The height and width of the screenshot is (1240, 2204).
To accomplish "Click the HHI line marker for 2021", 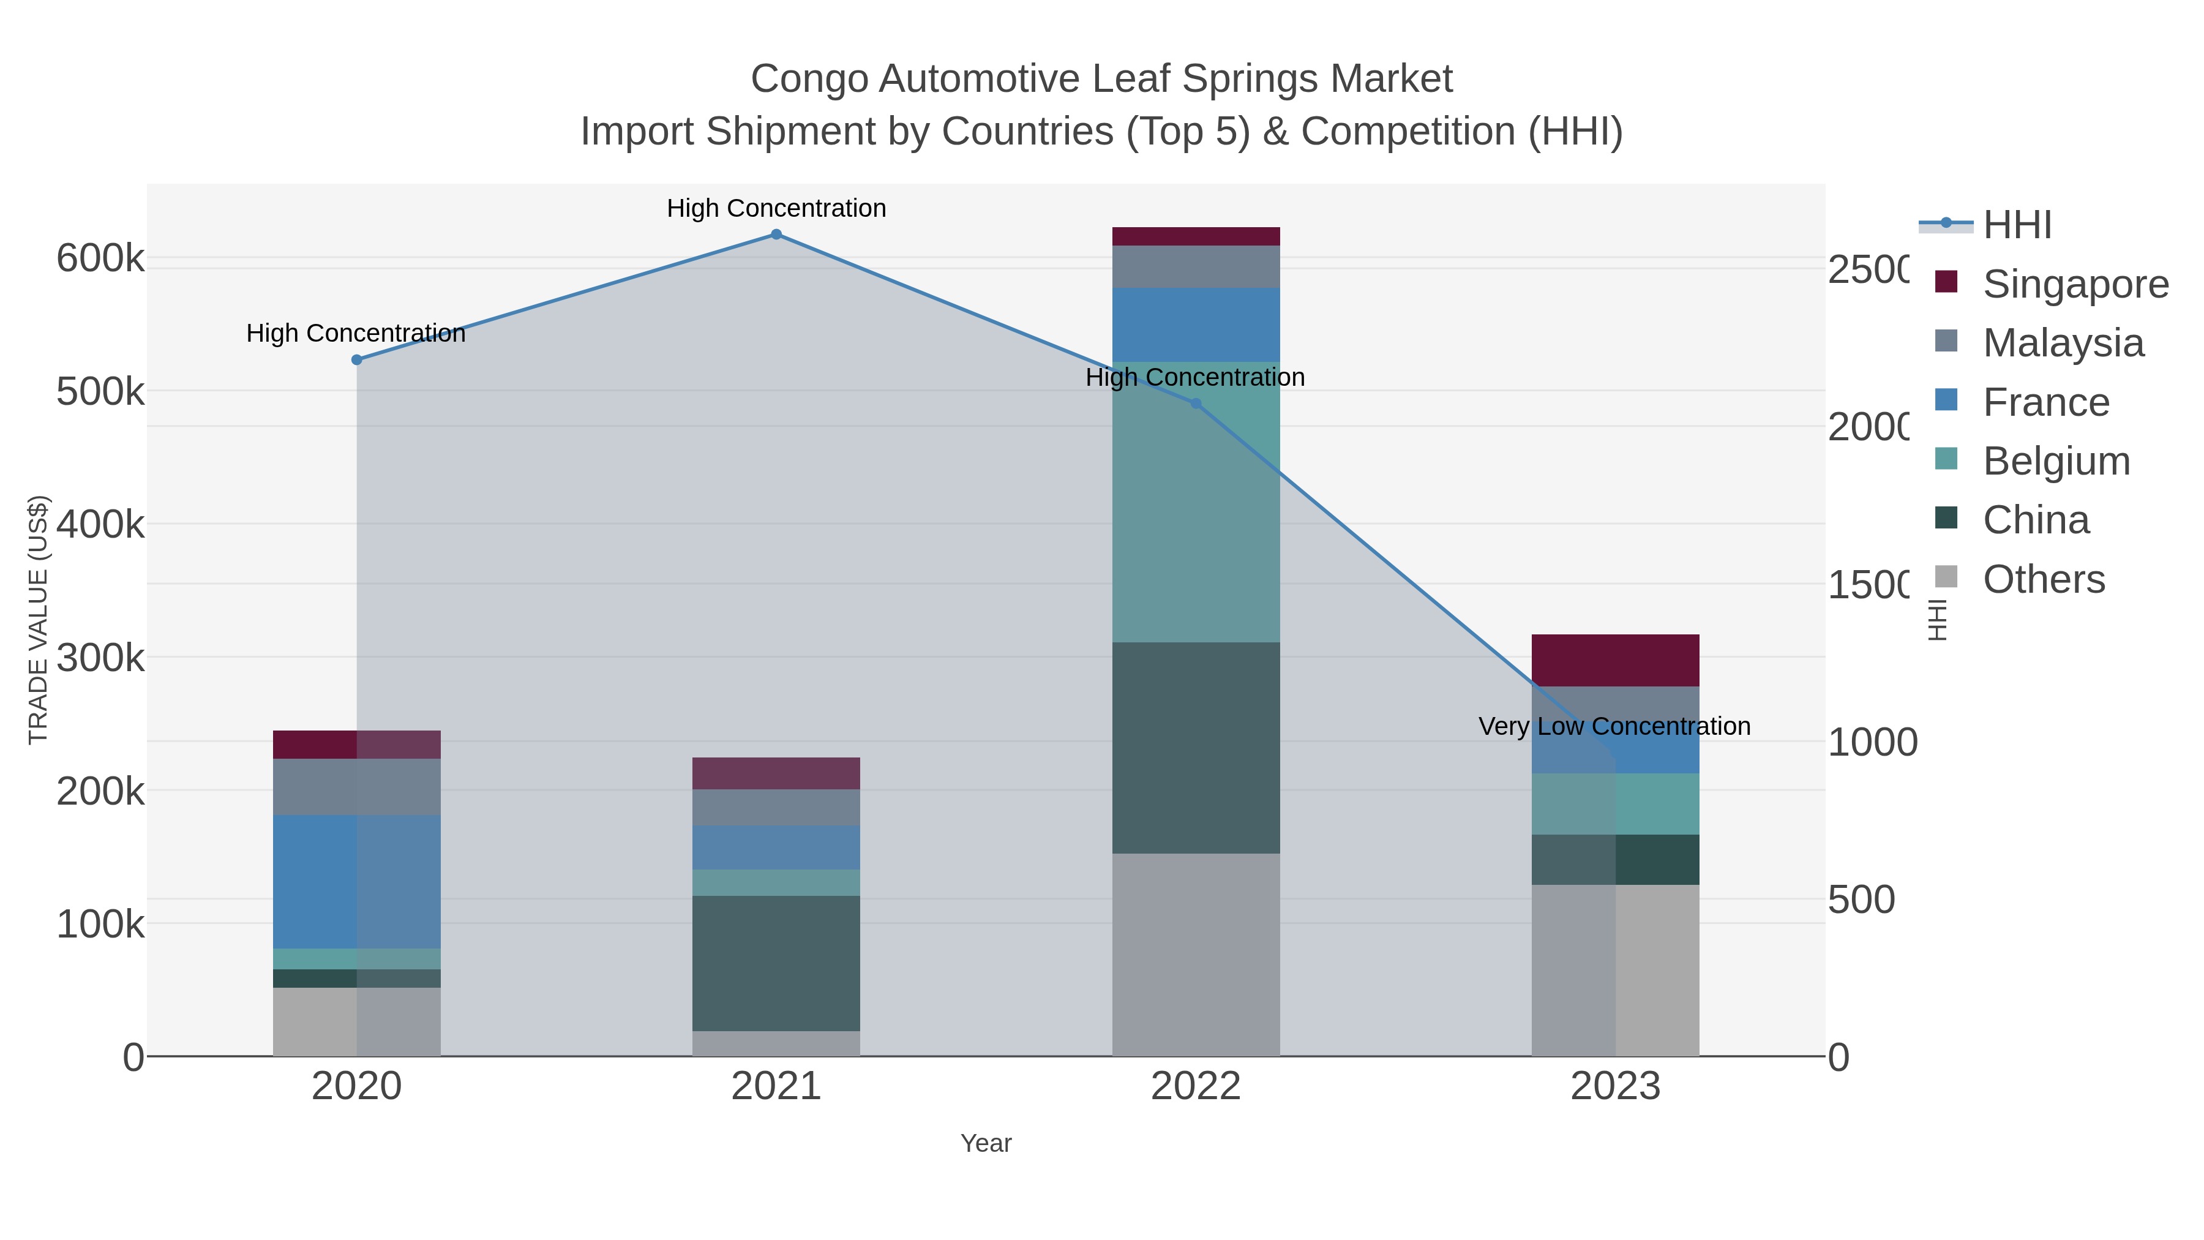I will point(776,235).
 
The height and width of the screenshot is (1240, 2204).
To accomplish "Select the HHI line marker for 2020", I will point(357,360).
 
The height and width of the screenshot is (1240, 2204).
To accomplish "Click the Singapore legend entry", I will point(2075,284).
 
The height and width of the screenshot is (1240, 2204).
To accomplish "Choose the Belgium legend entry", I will point(2056,461).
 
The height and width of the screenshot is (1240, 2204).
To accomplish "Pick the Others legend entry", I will point(2043,579).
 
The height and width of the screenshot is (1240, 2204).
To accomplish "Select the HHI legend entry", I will point(2017,225).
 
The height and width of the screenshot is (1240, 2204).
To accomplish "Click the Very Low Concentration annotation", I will point(1614,726).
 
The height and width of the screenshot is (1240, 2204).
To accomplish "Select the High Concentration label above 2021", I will point(776,209).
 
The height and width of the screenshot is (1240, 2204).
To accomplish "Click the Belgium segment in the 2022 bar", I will point(1195,502).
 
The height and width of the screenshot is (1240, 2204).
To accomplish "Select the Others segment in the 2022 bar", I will point(1195,954).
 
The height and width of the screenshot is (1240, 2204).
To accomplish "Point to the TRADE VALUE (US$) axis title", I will point(39,620).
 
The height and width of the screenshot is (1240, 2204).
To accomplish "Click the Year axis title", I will point(986,1143).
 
